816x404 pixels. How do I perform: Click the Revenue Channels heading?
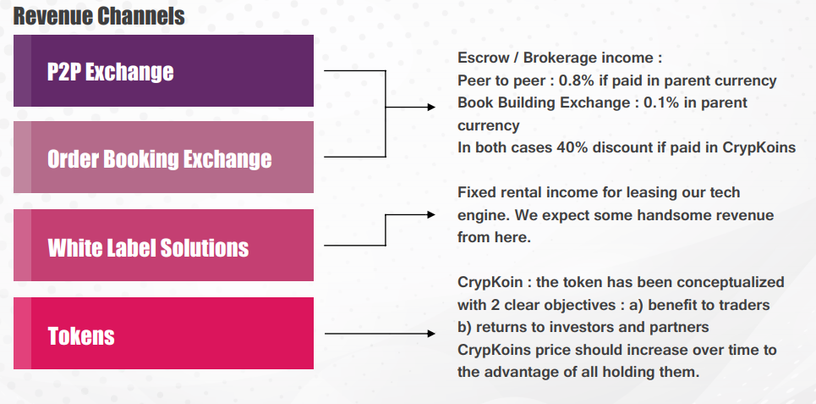pyautogui.click(x=99, y=16)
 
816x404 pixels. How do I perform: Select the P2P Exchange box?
pyautogui.click(x=163, y=71)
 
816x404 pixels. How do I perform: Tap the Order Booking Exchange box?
pyautogui.click(x=163, y=158)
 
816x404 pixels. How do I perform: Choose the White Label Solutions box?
pyautogui.click(x=163, y=245)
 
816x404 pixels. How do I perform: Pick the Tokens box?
pyautogui.click(x=163, y=333)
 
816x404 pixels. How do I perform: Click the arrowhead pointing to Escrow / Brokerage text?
pyautogui.click(x=431, y=108)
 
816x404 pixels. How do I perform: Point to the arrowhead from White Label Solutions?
pyautogui.click(x=431, y=214)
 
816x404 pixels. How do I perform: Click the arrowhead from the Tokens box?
pyautogui.click(x=431, y=334)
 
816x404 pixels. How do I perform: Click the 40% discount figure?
pyautogui.click(x=573, y=147)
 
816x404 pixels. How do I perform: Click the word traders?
pyautogui.click(x=742, y=305)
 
